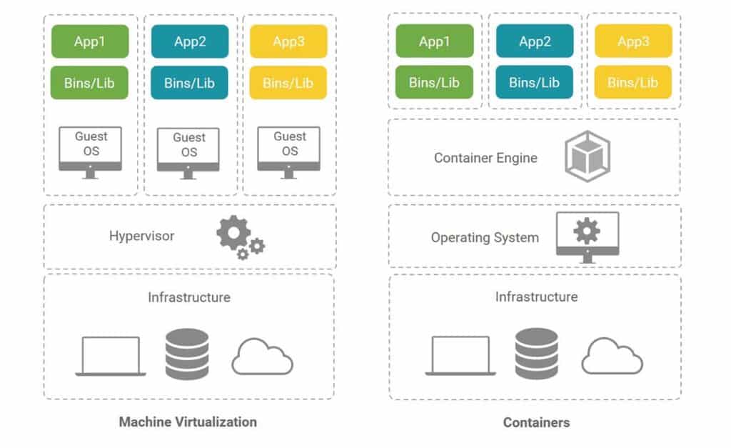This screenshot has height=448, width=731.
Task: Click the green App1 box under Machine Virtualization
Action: point(90,41)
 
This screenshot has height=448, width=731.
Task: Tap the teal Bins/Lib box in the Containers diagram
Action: point(533,82)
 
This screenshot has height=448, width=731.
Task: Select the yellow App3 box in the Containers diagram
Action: point(632,41)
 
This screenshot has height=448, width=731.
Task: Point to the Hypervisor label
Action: point(141,236)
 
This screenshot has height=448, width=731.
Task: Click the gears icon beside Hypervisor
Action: point(240,238)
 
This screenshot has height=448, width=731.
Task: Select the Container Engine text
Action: point(485,158)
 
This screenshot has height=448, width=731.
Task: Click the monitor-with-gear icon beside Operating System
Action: point(587,236)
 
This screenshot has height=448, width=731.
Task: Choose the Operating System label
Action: point(485,237)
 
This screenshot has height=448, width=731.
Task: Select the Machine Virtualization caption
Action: point(188,422)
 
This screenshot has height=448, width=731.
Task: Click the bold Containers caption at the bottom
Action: point(536,422)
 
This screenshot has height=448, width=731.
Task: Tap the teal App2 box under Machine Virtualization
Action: point(190,41)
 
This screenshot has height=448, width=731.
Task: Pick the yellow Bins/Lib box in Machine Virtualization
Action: point(288,83)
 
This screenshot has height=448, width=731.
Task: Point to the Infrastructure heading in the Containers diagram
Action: point(536,297)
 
